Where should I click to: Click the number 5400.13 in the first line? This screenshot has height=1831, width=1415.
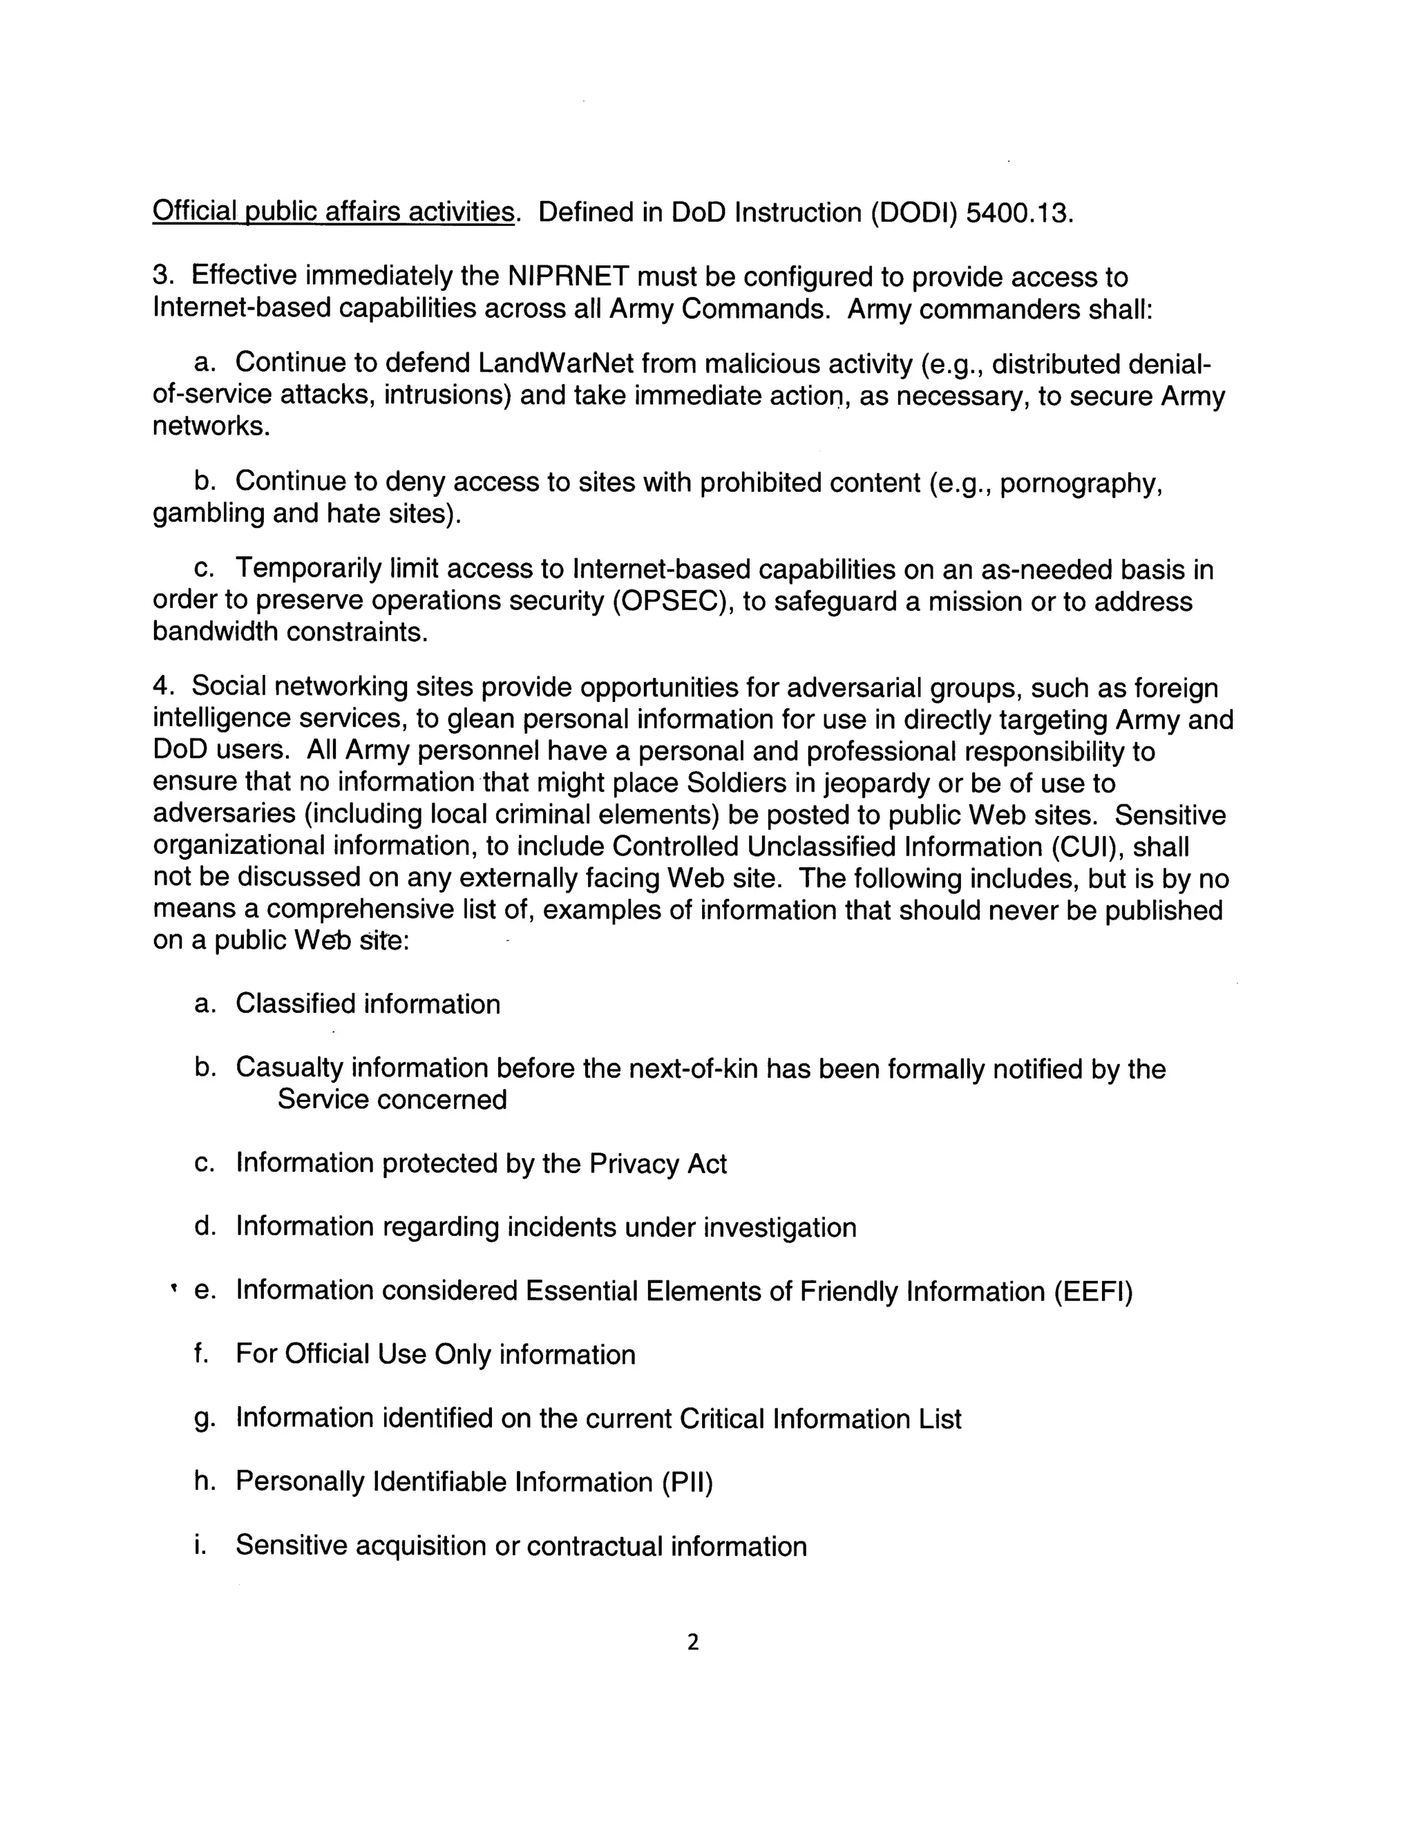tap(1018, 213)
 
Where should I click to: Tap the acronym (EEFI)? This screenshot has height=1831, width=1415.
tap(1094, 1292)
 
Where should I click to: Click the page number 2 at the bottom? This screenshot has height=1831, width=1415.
tap(692, 1642)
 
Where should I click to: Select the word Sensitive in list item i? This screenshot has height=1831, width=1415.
tap(291, 1545)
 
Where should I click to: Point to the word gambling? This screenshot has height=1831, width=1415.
tap(208, 514)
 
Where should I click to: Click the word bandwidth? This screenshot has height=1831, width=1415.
tap(215, 632)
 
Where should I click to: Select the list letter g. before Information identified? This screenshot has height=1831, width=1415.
tap(204, 1419)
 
